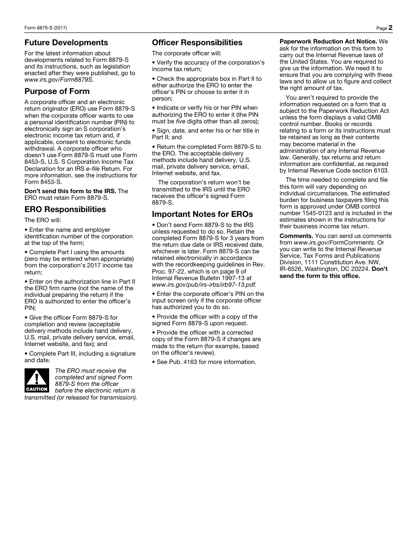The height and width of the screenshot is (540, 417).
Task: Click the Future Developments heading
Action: coord(66,43)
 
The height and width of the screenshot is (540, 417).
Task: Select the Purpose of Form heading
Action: coord(57,91)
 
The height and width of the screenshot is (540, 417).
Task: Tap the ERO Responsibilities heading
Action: coord(65,209)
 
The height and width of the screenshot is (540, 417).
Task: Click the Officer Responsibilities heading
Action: coord(197,43)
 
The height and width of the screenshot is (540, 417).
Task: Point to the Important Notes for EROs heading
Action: coord(202,214)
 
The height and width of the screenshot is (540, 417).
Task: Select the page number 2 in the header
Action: coord(390,28)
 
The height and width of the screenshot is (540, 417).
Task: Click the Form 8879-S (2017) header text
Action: coord(46,28)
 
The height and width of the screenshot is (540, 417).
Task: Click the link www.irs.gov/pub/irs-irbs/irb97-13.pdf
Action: coord(204,284)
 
